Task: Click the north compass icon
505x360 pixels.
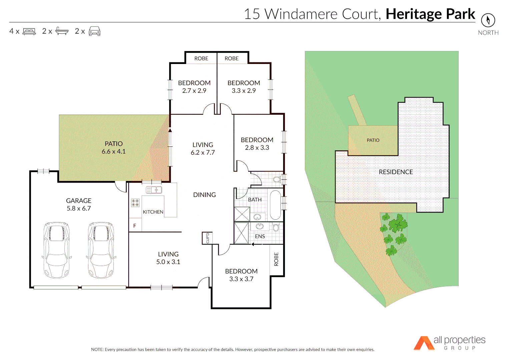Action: click(488, 20)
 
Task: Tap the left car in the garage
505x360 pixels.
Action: click(57, 250)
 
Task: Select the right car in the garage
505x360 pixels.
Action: click(101, 250)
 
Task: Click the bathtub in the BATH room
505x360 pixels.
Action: click(275, 205)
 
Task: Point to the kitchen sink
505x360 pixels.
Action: click(154, 190)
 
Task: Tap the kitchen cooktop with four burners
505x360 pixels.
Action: click(135, 203)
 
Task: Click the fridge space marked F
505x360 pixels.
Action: click(135, 226)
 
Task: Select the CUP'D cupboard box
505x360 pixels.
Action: click(207, 238)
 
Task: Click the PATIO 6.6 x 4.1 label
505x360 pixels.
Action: click(114, 148)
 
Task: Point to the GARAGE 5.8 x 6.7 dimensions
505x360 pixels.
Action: click(79, 208)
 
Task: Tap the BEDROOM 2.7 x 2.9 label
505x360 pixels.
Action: click(194, 87)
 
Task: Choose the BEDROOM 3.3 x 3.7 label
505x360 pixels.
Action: click(241, 275)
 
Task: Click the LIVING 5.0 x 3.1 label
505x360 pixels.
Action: click(168, 258)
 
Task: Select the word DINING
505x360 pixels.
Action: click(204, 195)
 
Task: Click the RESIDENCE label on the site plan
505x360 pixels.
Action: click(396, 172)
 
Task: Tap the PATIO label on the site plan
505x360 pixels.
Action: click(373, 140)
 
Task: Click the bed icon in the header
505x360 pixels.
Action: click(29, 31)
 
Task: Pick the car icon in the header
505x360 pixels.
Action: click(94, 31)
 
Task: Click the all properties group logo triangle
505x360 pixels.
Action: click(424, 343)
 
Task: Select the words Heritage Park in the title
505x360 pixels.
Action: click(430, 14)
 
